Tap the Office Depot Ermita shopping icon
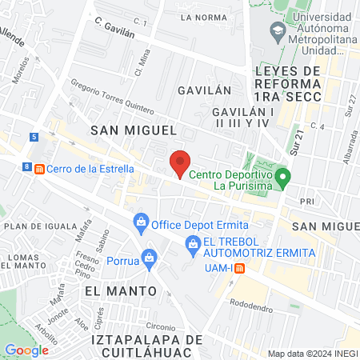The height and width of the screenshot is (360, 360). click(x=141, y=220)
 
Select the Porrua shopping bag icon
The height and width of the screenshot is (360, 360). click(x=150, y=258)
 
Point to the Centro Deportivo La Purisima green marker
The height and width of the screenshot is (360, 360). click(x=282, y=176)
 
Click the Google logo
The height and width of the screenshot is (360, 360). click(x=26, y=350)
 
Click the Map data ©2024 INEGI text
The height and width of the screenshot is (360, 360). click(x=310, y=353)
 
